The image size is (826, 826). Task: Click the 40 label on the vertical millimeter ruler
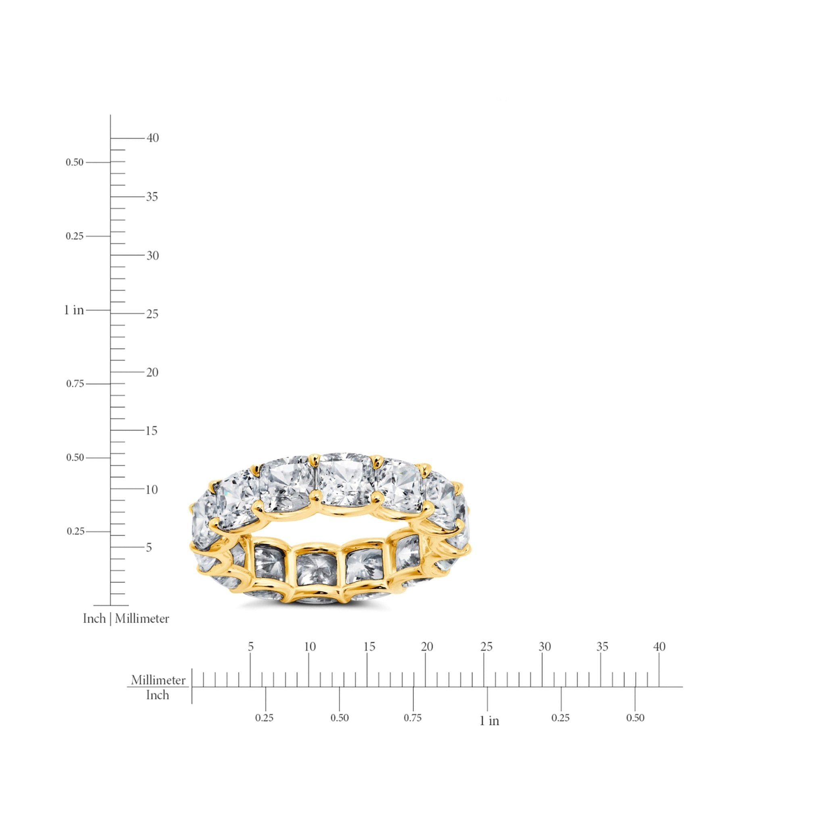click(152, 138)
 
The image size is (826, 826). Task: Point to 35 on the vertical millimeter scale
click(152, 197)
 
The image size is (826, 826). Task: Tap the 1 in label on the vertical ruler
click(74, 310)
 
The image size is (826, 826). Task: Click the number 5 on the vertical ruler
click(149, 547)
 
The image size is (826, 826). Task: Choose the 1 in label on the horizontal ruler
click(489, 721)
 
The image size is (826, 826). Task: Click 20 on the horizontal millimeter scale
click(427, 647)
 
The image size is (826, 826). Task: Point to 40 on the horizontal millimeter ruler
click(659, 647)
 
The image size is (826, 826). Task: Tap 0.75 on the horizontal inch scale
click(413, 718)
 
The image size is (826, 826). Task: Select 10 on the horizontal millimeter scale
click(310, 647)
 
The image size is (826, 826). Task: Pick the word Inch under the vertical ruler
click(94, 619)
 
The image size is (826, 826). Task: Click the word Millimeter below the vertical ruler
click(142, 619)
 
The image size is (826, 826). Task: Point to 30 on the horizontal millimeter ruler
click(544, 647)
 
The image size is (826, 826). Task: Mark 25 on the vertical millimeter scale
click(152, 314)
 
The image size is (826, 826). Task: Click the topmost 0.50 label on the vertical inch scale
click(74, 162)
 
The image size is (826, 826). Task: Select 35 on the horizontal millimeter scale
click(602, 647)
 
